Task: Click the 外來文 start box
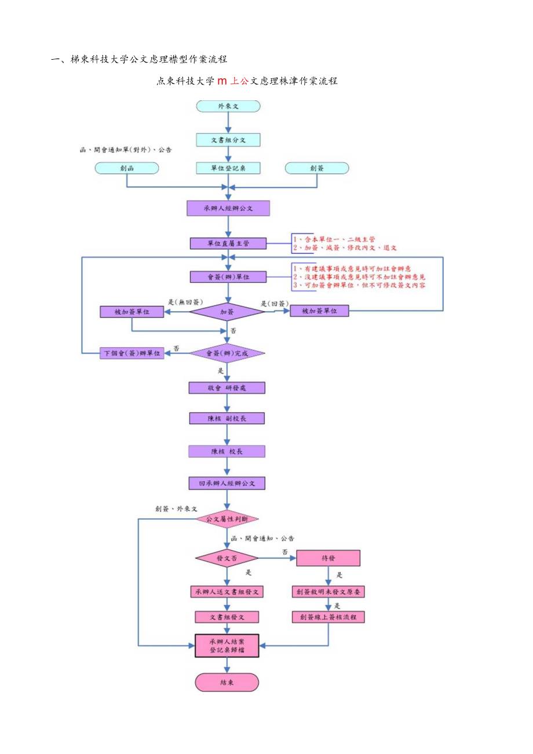coord(228,106)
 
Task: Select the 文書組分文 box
coord(228,140)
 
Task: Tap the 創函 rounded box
coord(127,168)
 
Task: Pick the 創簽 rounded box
coord(317,168)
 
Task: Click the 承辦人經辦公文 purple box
coord(228,208)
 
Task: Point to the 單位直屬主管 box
coord(228,243)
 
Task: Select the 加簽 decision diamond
coord(227,312)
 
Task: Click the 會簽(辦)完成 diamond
coord(227,353)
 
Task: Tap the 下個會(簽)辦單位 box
coord(132,354)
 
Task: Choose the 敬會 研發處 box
coord(227,388)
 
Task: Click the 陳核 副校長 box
coord(227,418)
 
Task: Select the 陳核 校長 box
coord(227,451)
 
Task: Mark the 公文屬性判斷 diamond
coord(227,519)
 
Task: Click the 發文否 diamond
coord(227,558)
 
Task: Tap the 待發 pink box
coord(328,558)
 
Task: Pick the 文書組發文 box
coord(227,617)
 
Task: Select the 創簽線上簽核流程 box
coord(328,617)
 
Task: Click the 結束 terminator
coord(227,682)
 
